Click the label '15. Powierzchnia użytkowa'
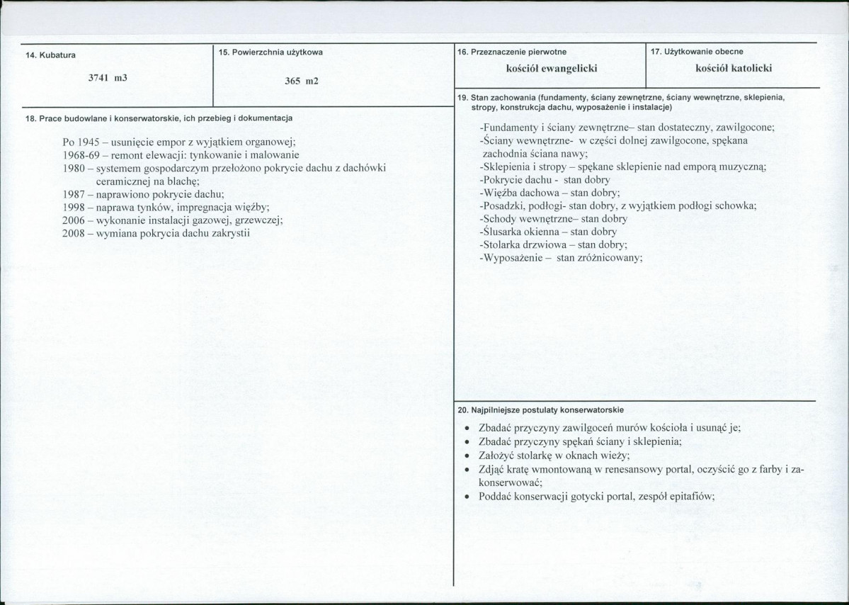tap(270, 52)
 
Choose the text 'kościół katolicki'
tap(734, 68)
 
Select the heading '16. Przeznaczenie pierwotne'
tap(512, 51)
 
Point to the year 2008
tap(74, 233)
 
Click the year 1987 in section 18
tap(74, 193)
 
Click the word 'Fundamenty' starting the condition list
tap(507, 128)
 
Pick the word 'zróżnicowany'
tap(609, 258)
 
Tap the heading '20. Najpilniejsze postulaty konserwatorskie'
tap(541, 409)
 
